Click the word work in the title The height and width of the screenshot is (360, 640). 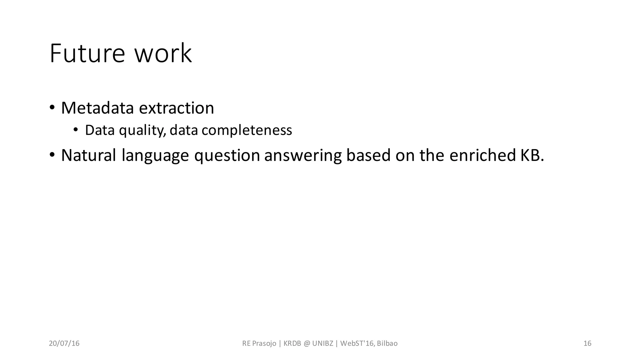point(163,54)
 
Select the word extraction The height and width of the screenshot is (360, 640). point(176,108)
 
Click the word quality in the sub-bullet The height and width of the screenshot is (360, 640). point(142,130)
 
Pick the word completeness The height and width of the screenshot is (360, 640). point(247,130)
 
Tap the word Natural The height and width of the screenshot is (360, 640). point(88,155)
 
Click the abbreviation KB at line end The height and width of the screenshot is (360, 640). point(531,155)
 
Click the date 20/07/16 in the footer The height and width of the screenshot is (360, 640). point(64,343)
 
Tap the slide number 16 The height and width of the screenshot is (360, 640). point(587,343)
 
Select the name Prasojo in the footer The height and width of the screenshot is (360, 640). point(264,343)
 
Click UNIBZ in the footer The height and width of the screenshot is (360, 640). point(322,343)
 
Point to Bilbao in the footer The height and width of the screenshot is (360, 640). point(387,343)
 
